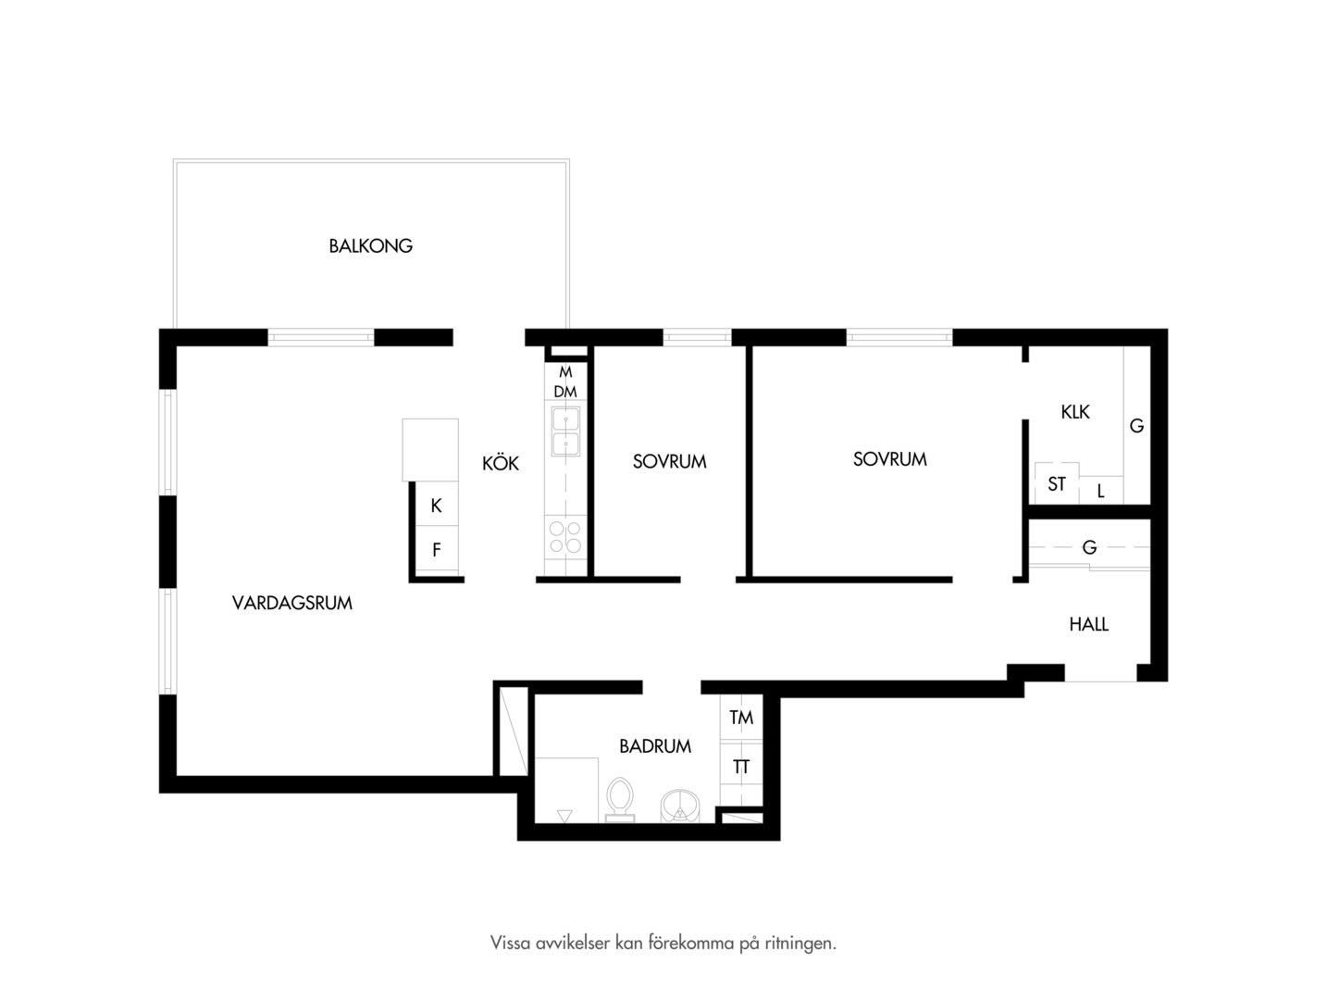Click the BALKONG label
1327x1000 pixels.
[x=370, y=245]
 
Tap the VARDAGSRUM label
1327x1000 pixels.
[x=292, y=603]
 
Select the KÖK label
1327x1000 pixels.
[x=501, y=463]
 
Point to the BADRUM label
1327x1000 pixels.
[x=655, y=746]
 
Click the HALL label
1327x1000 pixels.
[x=1089, y=624]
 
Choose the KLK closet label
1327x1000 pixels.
[x=1075, y=412]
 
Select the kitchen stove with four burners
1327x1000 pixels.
[x=565, y=538]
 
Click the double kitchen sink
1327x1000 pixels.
[x=565, y=431]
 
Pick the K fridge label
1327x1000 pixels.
[x=437, y=506]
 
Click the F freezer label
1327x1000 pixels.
[x=437, y=549]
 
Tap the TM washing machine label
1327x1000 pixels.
[x=741, y=718]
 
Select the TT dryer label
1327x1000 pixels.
[x=741, y=767]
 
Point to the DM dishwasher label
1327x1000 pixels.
[x=565, y=392]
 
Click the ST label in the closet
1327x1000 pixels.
[x=1057, y=484]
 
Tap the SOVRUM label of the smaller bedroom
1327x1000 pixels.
[x=670, y=462]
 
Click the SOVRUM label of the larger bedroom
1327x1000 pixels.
[x=890, y=459]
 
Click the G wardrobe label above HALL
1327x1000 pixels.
[x=1089, y=547]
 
